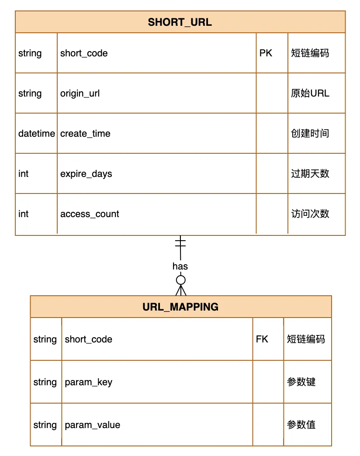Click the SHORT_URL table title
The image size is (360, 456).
180,23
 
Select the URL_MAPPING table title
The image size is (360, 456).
180,307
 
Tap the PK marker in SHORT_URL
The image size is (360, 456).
266,53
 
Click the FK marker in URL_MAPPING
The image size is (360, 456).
262,339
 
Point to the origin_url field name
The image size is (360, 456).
80,93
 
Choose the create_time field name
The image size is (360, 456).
85,134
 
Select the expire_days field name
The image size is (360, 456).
86,174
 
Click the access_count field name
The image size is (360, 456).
90,214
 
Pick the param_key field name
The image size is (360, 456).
89,382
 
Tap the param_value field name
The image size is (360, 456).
92,425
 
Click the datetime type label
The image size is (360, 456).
37,134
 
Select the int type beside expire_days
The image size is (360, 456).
23,174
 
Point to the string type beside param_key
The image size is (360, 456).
45,382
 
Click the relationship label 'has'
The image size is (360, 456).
180,266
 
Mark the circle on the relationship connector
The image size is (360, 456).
180,280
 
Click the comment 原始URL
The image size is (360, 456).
310,93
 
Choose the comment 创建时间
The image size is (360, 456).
310,134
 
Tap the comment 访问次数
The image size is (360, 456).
310,214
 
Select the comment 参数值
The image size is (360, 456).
301,425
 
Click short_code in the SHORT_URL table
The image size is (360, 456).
84,53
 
